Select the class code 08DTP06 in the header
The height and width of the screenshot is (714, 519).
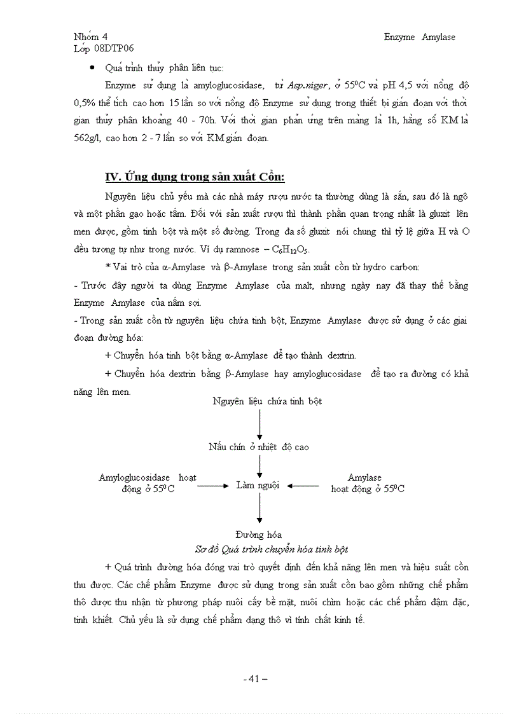click(113, 48)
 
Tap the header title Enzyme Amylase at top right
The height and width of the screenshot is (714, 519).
click(419, 37)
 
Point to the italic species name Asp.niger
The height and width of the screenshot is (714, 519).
click(307, 85)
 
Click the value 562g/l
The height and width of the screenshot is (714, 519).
click(89, 138)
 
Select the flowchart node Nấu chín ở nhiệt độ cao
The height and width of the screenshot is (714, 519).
click(259, 447)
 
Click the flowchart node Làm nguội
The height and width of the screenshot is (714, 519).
click(258, 485)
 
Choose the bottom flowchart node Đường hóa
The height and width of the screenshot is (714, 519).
click(258, 535)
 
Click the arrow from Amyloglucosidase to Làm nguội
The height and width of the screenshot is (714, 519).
click(212, 486)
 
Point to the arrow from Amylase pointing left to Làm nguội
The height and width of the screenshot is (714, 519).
click(303, 486)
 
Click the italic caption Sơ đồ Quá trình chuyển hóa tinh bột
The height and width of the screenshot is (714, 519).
click(271, 549)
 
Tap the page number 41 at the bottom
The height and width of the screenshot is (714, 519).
click(255, 679)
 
